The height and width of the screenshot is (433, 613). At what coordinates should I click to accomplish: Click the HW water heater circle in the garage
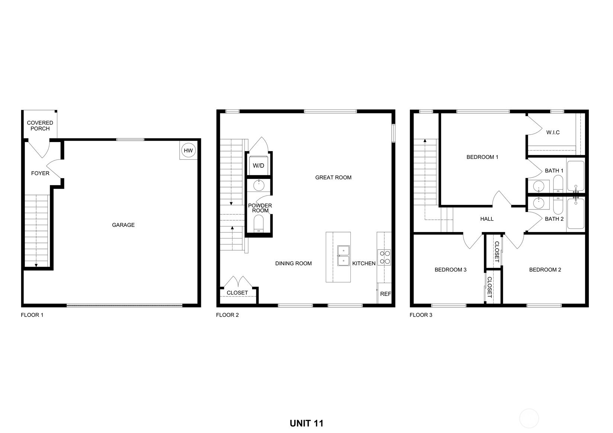click(188, 150)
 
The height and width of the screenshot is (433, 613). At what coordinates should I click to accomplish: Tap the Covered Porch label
click(40, 126)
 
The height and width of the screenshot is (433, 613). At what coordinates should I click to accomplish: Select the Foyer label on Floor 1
click(40, 173)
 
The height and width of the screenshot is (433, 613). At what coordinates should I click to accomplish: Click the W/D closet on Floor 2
click(259, 165)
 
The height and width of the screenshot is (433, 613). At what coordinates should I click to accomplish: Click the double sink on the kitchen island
click(343, 256)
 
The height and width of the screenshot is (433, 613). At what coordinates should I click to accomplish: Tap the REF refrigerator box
click(385, 294)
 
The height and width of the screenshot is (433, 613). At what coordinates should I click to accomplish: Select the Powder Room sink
click(259, 185)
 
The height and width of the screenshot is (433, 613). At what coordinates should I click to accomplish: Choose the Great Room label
click(333, 177)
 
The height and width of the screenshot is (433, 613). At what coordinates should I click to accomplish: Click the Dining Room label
click(293, 263)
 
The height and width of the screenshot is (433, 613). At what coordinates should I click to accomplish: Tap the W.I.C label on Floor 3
click(553, 132)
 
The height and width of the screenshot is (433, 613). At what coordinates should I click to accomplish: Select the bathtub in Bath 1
click(575, 176)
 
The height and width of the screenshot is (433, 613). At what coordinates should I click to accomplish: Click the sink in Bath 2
click(538, 203)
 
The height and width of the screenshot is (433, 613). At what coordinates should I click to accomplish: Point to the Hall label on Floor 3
click(487, 219)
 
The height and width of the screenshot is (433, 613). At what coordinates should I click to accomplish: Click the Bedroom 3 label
click(450, 270)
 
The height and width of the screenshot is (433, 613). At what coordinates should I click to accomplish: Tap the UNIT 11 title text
click(306, 423)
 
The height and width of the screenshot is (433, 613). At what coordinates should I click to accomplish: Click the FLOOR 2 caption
click(227, 315)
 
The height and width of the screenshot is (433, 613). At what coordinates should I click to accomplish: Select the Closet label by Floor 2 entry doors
click(237, 293)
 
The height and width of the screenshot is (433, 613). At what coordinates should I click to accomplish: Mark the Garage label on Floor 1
click(123, 225)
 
